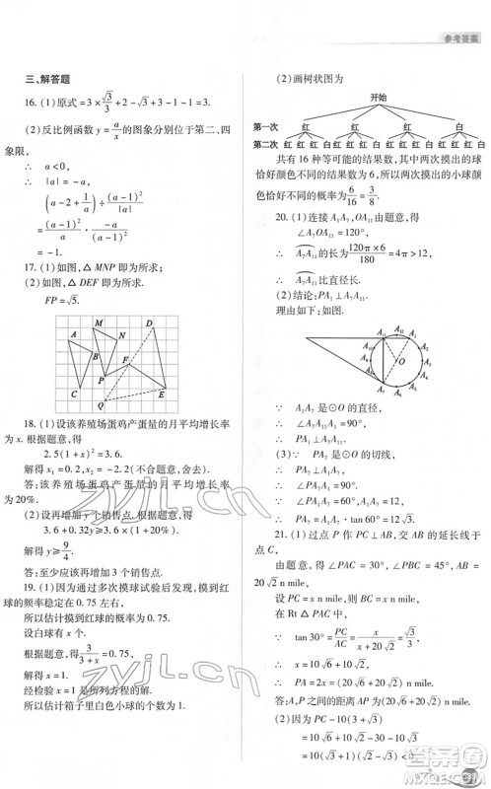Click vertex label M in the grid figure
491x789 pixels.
click(x=97, y=323)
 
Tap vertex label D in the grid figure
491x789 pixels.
click(x=149, y=323)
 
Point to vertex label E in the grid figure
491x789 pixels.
click(x=161, y=394)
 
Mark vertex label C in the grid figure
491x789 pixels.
click(x=75, y=394)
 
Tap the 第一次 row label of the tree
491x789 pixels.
click(x=265, y=127)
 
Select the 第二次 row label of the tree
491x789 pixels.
click(x=265, y=145)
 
